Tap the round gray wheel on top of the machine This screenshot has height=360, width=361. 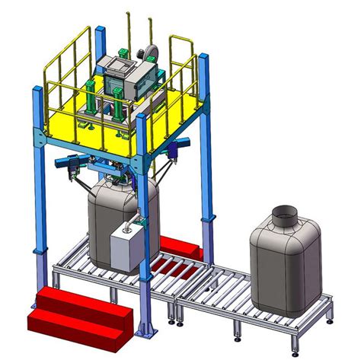(x=149, y=51)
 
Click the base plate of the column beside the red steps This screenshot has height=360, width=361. (x=144, y=333)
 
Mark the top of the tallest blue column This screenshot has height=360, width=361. (x=100, y=31)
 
